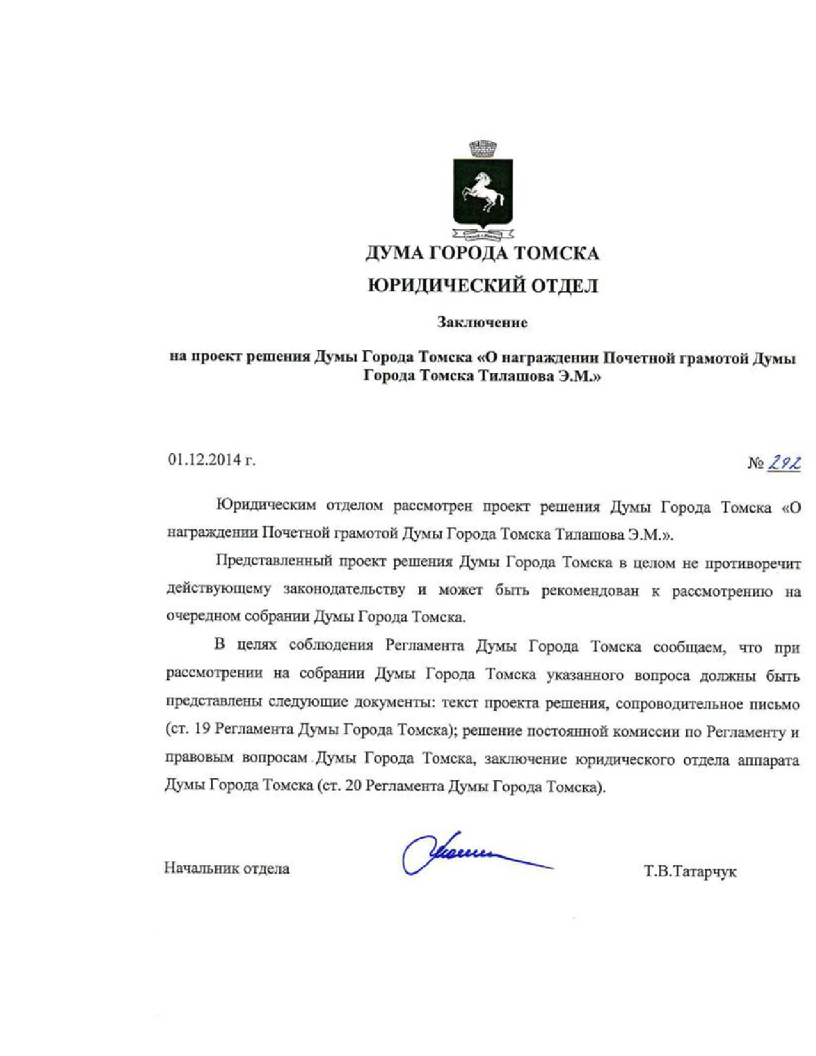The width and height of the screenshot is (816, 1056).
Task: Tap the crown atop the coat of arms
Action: point(483,148)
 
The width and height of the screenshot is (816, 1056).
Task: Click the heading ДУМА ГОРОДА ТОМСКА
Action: point(483,253)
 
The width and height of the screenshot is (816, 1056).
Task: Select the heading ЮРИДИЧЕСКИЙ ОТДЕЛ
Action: point(483,285)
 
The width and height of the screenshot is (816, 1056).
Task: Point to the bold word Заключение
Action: point(483,323)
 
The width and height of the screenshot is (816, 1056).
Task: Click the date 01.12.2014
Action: point(205,460)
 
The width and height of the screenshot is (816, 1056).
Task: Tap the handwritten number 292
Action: point(785,462)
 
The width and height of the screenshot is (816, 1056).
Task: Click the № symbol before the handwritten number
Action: point(756,463)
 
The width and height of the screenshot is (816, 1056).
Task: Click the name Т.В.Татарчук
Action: point(691,872)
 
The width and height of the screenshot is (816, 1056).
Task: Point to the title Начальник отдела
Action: point(227,868)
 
